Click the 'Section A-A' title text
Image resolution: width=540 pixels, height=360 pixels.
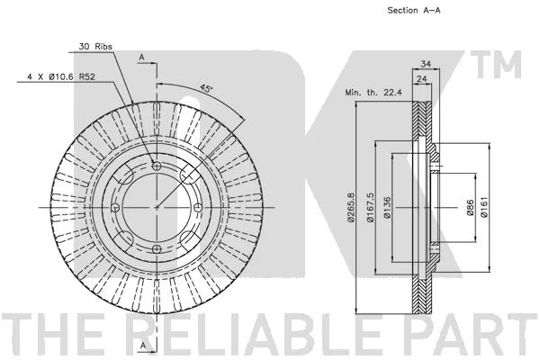click(414, 10)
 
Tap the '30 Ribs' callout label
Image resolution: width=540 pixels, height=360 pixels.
click(95, 46)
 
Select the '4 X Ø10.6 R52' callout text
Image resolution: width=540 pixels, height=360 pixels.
click(61, 76)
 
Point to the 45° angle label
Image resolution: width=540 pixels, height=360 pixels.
click(206, 88)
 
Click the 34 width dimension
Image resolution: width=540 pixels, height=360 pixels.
click(426, 64)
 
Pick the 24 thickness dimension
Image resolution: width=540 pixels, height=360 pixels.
click(422, 79)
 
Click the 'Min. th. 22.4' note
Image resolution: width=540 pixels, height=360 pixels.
click(373, 93)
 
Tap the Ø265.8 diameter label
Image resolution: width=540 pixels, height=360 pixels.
click(351, 207)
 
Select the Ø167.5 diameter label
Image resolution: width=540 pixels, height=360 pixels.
click(371, 207)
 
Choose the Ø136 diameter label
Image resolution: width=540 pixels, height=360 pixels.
click(387, 207)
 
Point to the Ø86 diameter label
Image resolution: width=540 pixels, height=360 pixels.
click(471, 207)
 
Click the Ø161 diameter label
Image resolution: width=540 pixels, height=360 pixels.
click(484, 207)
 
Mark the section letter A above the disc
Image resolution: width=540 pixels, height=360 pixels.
click(141, 58)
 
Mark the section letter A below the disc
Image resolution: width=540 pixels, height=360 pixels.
click(143, 345)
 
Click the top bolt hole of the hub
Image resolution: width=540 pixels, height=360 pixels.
click(157, 166)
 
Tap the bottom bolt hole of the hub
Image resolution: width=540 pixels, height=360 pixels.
click(157, 248)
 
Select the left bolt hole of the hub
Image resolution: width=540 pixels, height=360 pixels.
click(116, 208)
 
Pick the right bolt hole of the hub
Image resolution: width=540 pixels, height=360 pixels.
click(198, 208)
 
